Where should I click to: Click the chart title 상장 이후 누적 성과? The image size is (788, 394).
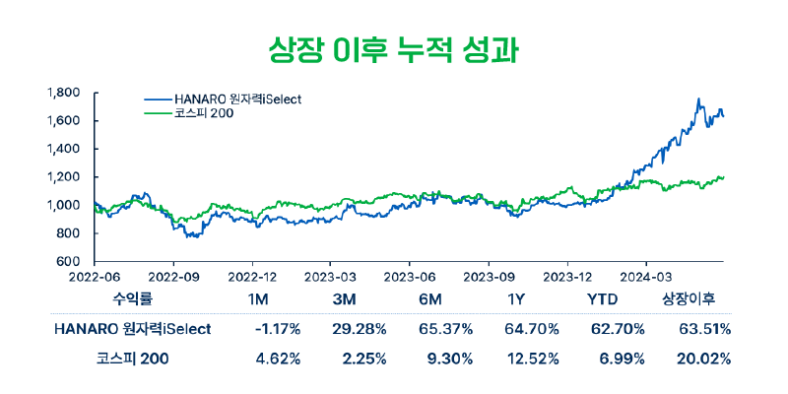tap(393, 47)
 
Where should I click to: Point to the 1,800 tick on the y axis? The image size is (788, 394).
tap(62, 93)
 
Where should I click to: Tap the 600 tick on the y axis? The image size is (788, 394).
tap(69, 262)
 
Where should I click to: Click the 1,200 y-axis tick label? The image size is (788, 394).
tap(62, 177)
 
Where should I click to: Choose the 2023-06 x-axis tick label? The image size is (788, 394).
tap(411, 277)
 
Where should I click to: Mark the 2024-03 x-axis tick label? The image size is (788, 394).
tap(646, 277)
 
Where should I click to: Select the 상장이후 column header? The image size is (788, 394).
tap(688, 297)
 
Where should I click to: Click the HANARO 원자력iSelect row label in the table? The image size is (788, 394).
tap(132, 328)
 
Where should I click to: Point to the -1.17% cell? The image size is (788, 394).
tap(277, 328)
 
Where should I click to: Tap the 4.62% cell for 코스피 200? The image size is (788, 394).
tap(279, 359)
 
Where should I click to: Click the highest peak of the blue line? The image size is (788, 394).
tap(697, 99)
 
